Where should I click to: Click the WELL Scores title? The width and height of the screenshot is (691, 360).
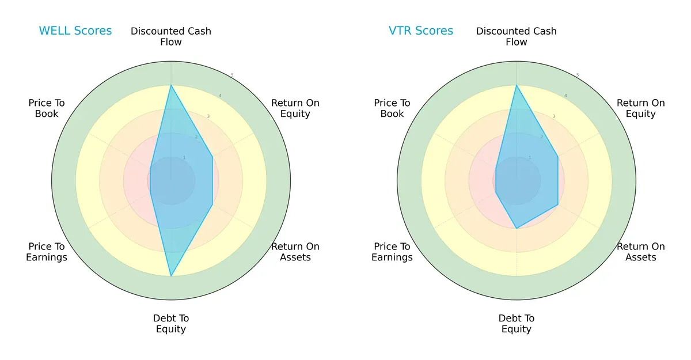pyautogui.click(x=75, y=31)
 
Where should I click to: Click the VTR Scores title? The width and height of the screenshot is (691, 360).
pyautogui.click(x=421, y=31)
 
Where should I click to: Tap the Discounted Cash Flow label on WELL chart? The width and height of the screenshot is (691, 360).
pyautogui.click(x=171, y=36)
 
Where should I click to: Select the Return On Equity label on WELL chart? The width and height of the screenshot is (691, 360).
pyautogui.click(x=295, y=108)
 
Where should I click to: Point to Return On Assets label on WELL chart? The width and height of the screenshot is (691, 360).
pyautogui.click(x=295, y=252)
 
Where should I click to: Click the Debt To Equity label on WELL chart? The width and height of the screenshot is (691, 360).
pyautogui.click(x=171, y=324)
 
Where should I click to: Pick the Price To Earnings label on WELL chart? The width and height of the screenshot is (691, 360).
pyautogui.click(x=47, y=252)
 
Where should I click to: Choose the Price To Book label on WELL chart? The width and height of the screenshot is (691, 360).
pyautogui.click(x=47, y=108)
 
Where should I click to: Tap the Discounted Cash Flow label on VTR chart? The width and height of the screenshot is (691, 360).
pyautogui.click(x=517, y=36)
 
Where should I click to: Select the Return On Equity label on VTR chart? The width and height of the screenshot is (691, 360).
pyautogui.click(x=641, y=108)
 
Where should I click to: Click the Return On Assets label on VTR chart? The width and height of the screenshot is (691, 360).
pyautogui.click(x=641, y=252)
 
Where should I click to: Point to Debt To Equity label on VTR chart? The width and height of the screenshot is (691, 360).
pyautogui.click(x=517, y=324)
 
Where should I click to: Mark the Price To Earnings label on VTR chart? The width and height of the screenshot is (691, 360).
pyautogui.click(x=392, y=252)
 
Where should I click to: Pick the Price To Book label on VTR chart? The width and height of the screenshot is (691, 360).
pyautogui.click(x=392, y=108)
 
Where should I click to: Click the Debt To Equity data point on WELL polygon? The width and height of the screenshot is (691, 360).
pyautogui.click(x=171, y=276)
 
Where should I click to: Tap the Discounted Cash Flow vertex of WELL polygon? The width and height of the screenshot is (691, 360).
pyautogui.click(x=171, y=85)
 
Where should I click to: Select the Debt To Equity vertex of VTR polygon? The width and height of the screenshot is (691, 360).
pyautogui.click(x=517, y=228)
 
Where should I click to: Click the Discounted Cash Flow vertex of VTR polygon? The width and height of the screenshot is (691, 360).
pyautogui.click(x=517, y=85)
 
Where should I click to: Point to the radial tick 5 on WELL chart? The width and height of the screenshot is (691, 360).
pyautogui.click(x=232, y=75)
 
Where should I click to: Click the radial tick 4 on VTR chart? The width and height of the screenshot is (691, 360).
pyautogui.click(x=565, y=96)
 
